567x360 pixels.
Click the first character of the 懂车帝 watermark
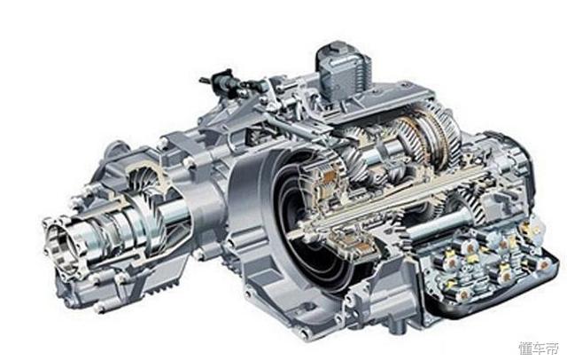tap(525, 348)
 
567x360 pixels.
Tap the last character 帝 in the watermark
tap(552, 348)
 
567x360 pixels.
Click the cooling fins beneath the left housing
tap(163, 288)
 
